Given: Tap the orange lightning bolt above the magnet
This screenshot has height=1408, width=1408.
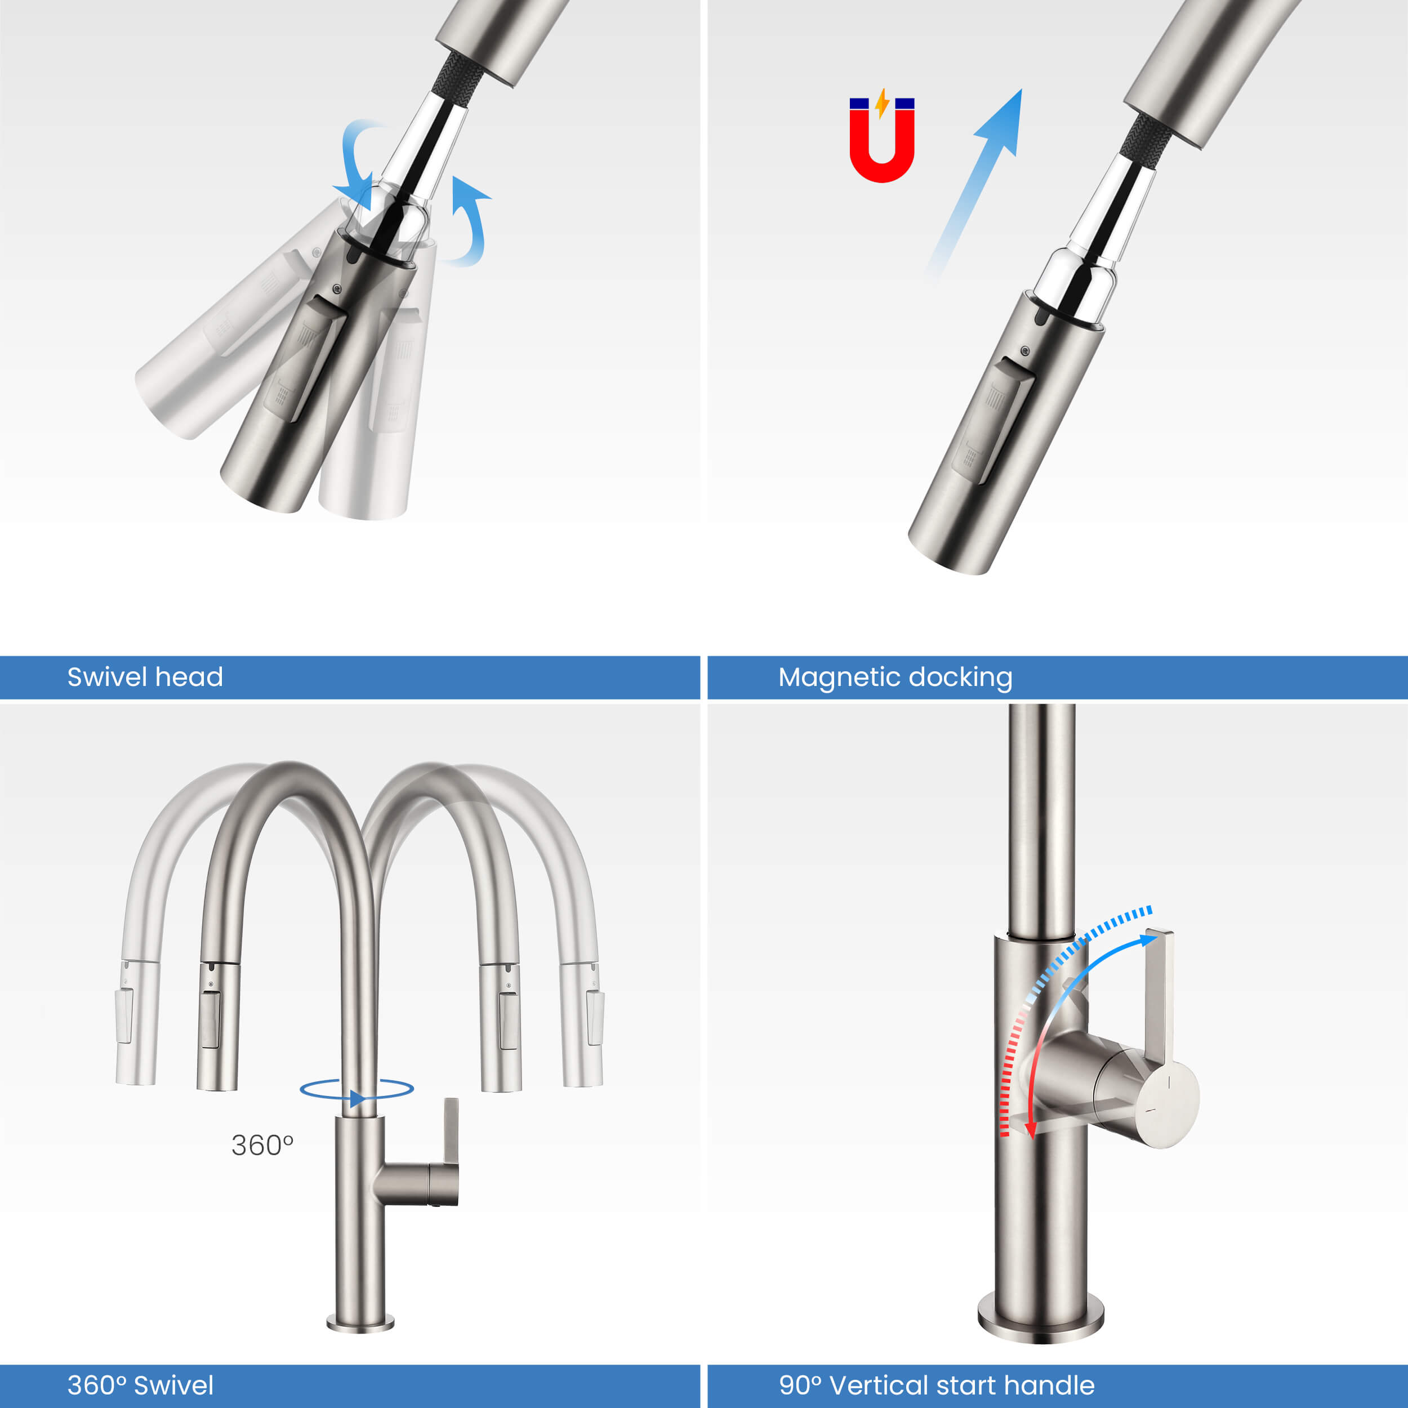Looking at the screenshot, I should click(x=882, y=104).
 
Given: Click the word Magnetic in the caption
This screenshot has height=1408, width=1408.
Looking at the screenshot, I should click(x=838, y=678).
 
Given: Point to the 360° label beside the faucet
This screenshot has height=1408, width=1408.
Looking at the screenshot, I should click(x=262, y=1146).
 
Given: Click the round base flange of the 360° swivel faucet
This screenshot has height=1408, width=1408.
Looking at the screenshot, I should click(x=360, y=1323).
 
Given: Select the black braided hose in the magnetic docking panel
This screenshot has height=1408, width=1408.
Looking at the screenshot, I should click(x=1146, y=137).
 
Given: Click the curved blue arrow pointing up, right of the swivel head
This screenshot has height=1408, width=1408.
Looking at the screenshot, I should click(x=470, y=219).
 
